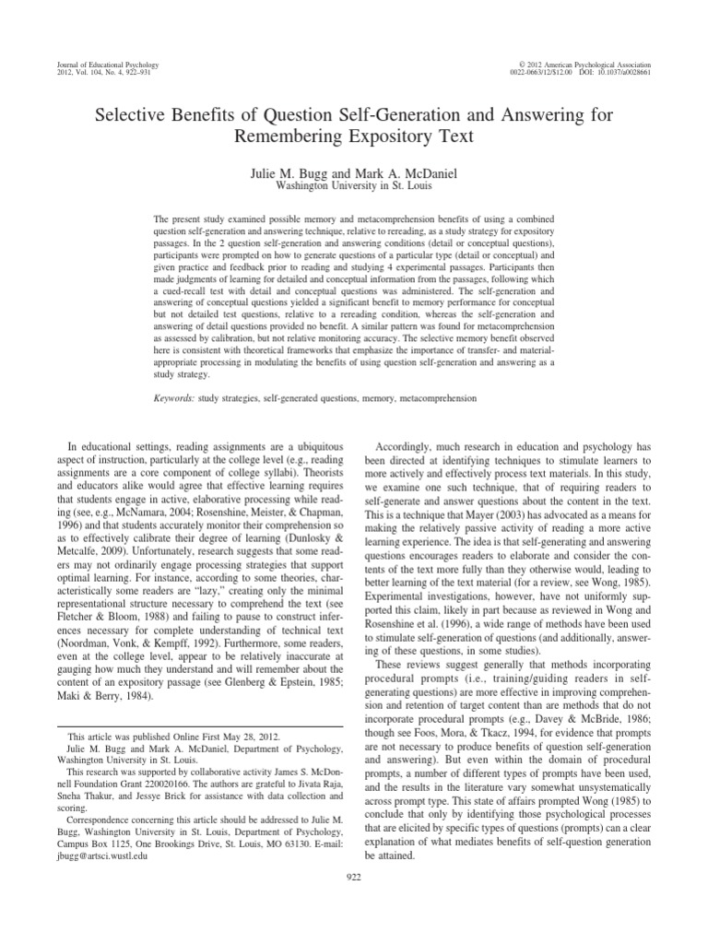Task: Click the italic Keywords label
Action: (x=173, y=398)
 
